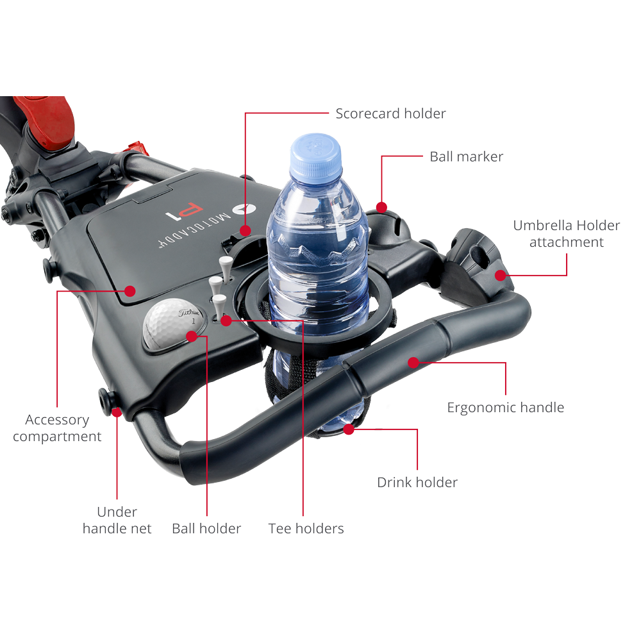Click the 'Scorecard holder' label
390,113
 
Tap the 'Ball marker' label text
467,156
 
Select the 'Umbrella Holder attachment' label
567,233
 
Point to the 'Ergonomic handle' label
506,408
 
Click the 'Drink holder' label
417,483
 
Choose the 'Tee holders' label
306,529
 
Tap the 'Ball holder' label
206,529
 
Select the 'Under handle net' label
117,520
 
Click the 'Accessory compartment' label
57,428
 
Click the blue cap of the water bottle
315,156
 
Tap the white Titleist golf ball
173,324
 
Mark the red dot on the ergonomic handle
413,363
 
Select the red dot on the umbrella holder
501,275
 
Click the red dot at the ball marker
381,207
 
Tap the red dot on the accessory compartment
130,291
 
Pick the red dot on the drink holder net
349,429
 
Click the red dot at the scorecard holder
246,231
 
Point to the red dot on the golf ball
192,337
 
